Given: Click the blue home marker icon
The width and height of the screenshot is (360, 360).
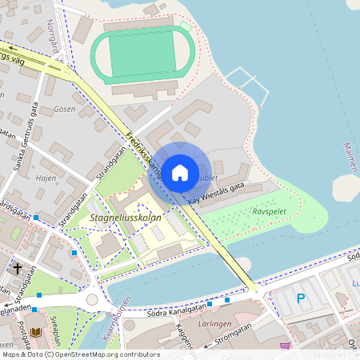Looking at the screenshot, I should tap(180, 171).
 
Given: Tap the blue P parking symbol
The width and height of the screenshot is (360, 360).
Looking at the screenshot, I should tap(301, 298).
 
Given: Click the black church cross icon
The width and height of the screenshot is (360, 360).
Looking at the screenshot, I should tap(18, 267).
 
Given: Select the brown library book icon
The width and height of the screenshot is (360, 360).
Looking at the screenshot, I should tap(35, 330).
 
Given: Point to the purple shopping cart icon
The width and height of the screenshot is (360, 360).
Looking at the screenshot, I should tap(285, 346).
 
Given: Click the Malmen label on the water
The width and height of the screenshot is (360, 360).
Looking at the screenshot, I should tap(350, 157).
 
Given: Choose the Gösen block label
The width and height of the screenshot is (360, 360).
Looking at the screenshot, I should tap(63, 107).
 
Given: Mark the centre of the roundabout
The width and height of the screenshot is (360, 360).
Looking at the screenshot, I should tap(92, 299).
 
